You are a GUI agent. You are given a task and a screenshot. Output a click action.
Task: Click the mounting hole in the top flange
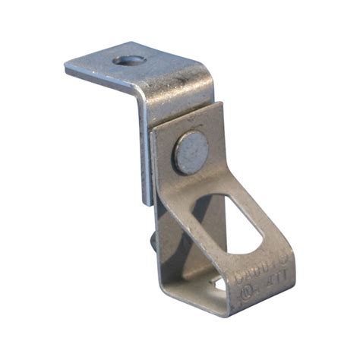coord(124,59)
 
